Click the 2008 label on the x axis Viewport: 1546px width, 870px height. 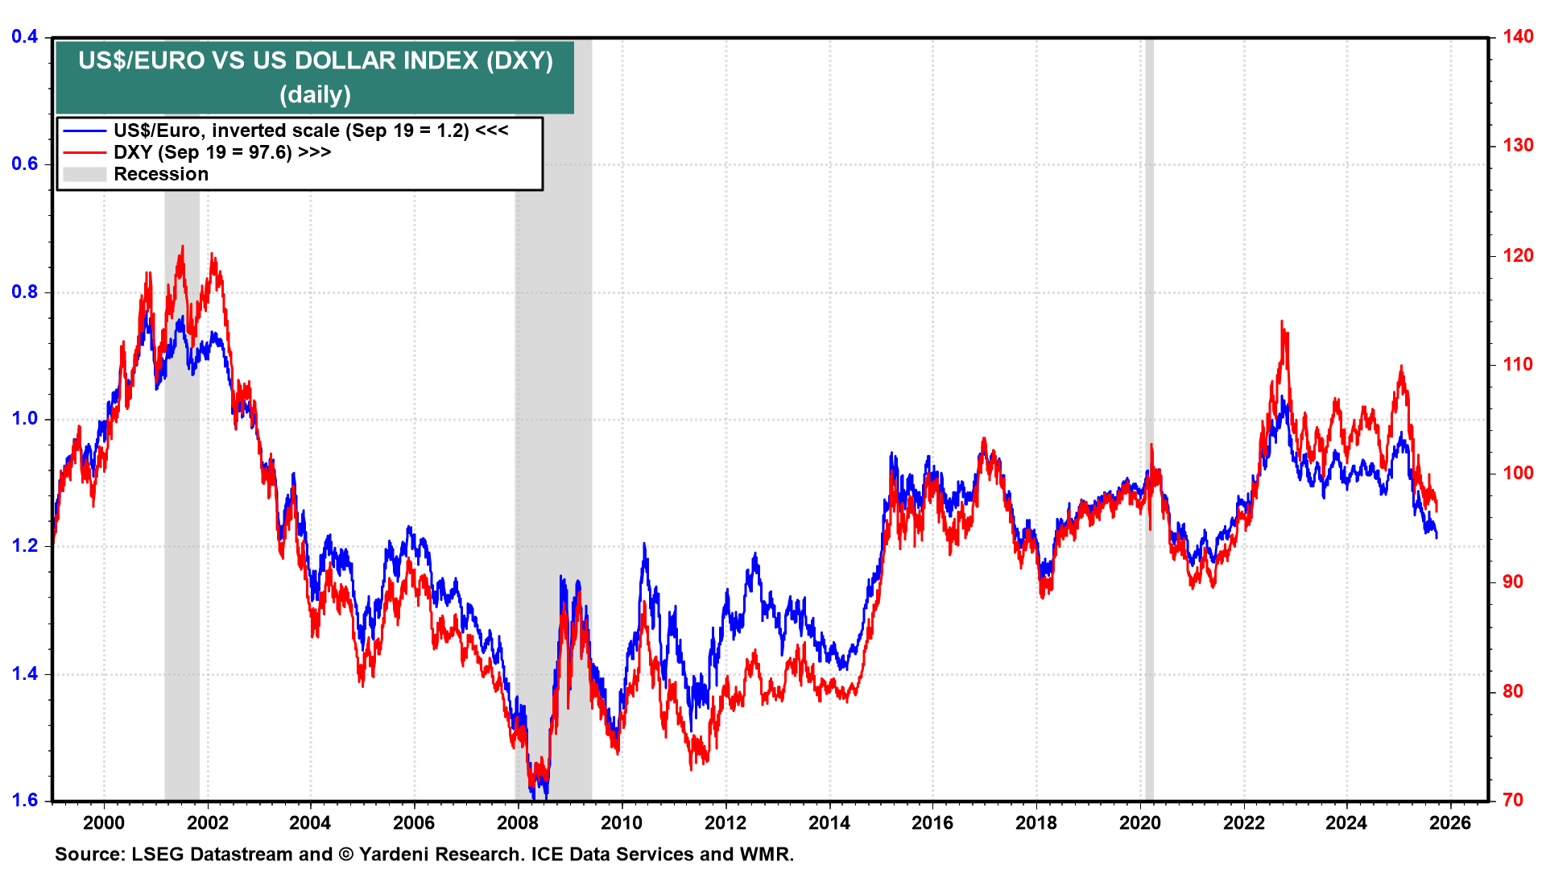[517, 822]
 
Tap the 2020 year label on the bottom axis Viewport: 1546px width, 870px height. [1139, 822]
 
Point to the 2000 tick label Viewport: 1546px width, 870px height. [104, 822]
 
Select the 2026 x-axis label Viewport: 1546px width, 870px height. [1450, 822]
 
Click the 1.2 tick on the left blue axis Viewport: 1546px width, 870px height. [25, 545]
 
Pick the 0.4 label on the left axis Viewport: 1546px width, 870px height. [25, 36]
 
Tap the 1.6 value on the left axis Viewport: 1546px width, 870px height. [25, 800]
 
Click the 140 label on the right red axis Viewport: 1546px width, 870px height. [1518, 36]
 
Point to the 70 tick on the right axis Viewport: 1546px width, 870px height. [1513, 800]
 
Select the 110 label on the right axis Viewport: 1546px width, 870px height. [1518, 364]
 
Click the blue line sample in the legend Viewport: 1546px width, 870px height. [85, 130]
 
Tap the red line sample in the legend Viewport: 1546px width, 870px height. [85, 152]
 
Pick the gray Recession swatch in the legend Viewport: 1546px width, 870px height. [85, 174]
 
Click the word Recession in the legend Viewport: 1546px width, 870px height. [161, 174]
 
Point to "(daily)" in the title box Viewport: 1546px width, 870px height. [315, 95]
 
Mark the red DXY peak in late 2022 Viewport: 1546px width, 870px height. [1282, 323]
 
